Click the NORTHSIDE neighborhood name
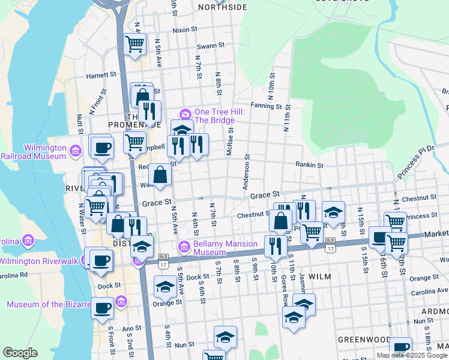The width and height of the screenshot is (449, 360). point(221,7)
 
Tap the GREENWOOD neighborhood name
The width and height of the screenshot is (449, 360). point(360,339)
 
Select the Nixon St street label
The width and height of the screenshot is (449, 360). point(184,29)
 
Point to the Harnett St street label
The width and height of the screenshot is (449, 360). point(100,76)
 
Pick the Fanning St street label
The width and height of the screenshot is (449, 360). point(266,106)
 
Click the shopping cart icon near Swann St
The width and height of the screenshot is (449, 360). point(135,43)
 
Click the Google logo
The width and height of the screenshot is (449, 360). point(20,353)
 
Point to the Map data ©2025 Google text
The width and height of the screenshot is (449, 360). point(412,355)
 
